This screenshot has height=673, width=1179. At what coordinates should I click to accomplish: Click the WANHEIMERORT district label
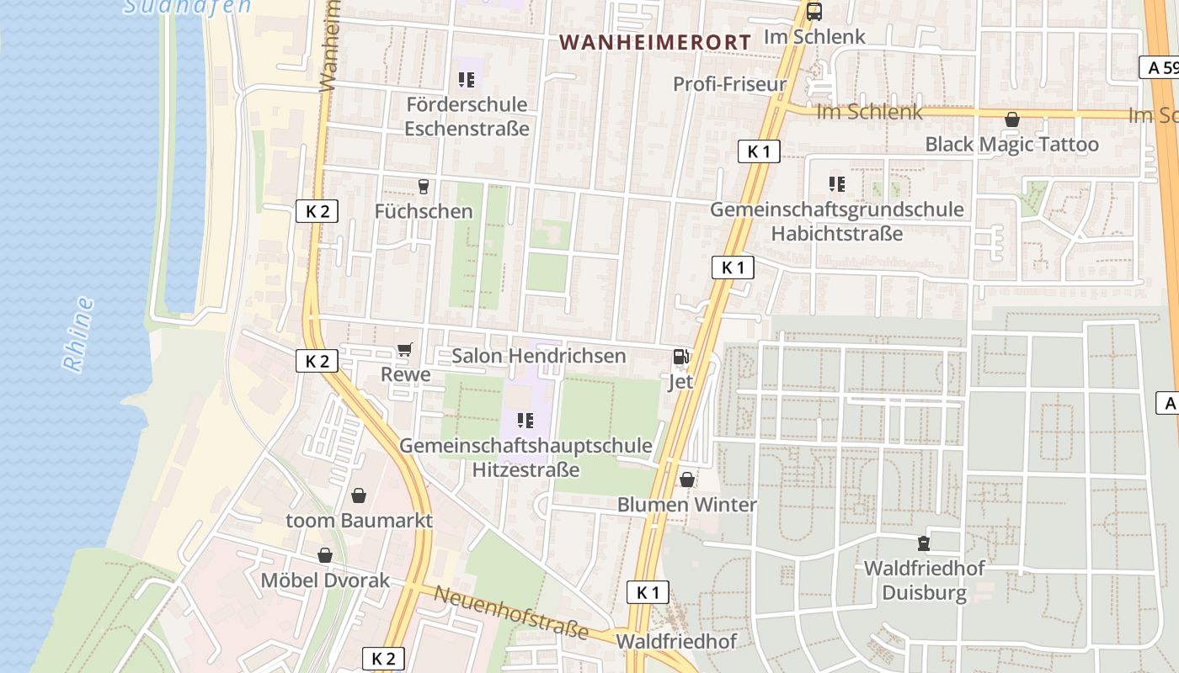point(654,41)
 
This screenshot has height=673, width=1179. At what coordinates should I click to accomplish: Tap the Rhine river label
point(78,333)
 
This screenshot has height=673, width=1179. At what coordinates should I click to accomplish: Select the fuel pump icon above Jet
point(680,357)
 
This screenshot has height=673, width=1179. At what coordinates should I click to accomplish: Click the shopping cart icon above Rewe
point(405,350)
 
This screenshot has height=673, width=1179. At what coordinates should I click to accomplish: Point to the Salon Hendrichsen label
point(539,356)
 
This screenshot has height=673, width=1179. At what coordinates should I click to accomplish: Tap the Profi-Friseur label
point(729,84)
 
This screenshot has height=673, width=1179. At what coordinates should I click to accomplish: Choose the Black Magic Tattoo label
point(1011,144)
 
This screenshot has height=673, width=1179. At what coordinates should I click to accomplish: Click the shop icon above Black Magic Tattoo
point(1011,119)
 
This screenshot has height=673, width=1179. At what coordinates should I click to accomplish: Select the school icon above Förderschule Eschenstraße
point(467,80)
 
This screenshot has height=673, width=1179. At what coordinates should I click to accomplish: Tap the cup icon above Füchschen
point(424,186)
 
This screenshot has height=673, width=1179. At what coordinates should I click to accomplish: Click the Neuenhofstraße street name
point(510,612)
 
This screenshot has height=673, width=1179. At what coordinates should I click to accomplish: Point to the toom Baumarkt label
point(359,520)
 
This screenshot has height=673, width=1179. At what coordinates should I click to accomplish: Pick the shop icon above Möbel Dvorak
point(325,555)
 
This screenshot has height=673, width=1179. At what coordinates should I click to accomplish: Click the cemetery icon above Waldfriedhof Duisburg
point(924,543)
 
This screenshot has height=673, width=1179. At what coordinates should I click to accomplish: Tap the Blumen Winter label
point(686,505)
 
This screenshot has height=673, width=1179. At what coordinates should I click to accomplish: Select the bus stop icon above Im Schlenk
point(814,12)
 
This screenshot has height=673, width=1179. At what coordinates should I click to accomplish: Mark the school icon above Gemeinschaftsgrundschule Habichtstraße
point(836,183)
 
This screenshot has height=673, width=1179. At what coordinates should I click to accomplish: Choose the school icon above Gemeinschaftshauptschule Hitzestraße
point(525,420)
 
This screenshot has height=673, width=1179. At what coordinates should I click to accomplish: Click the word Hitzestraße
point(525,469)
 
